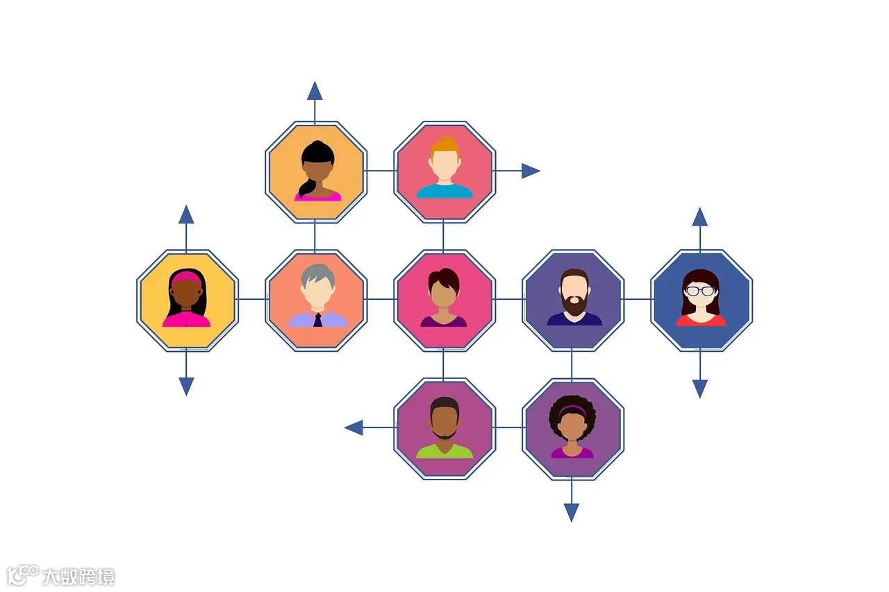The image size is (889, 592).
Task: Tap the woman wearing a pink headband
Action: point(187,298)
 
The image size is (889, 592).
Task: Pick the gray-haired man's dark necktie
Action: point(317,320)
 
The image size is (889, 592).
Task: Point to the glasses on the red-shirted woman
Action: point(701,291)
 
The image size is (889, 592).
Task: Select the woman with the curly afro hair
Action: point(572,427)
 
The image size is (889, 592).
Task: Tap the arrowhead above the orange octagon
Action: point(315,91)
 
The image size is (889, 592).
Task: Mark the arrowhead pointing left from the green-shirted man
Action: point(354,428)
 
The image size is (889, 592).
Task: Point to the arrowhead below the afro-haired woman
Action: point(572,512)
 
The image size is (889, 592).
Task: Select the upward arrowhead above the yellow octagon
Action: point(186,214)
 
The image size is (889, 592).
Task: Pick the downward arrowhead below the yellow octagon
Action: point(186,386)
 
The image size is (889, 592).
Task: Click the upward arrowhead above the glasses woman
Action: point(700,217)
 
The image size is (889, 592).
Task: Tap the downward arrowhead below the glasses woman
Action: point(700,388)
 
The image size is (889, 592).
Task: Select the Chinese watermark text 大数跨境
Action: point(78,577)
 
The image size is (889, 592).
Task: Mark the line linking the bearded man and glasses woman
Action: point(637,299)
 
